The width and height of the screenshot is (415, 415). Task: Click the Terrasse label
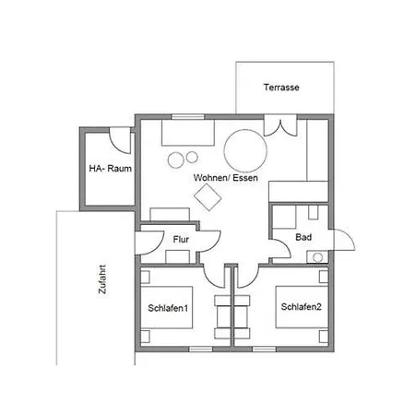(281, 88)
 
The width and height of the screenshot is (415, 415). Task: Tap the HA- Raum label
(111, 169)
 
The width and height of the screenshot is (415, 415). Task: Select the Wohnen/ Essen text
(226, 178)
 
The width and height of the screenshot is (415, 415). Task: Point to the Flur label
(181, 239)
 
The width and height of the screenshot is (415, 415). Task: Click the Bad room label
(303, 237)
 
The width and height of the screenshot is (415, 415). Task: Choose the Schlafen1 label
(168, 308)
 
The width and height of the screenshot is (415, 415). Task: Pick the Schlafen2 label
(302, 306)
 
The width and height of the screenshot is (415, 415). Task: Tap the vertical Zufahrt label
(102, 279)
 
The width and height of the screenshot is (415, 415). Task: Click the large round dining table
(245, 150)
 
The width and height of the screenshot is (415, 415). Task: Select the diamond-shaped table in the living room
(207, 197)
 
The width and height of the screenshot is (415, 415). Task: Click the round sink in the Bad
(318, 257)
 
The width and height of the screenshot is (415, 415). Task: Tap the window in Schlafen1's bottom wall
(200, 349)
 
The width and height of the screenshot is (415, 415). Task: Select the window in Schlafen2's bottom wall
(264, 349)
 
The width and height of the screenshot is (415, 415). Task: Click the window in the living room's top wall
(188, 117)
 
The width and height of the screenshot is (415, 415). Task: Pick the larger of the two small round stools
(176, 160)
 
